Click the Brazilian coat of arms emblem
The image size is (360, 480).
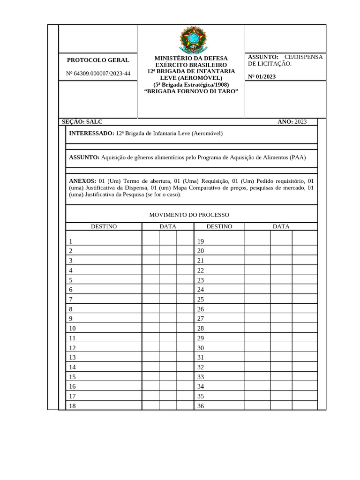pos(191,39)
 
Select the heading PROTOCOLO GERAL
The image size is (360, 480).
pos(98,60)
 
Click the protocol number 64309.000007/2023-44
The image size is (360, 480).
pos(98,74)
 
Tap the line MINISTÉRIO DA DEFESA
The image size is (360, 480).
pos(191,58)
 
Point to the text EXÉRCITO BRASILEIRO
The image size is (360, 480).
pos(191,65)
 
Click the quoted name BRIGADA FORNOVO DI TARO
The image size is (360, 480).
pos(191,91)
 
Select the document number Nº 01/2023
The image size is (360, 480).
pos(262,77)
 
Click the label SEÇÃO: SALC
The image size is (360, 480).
pos(82,122)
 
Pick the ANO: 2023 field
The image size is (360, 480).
pos(292,122)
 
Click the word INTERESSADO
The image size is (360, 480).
pos(91,133)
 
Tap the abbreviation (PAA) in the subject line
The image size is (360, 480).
pos(297,157)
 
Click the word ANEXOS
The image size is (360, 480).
pos(82,180)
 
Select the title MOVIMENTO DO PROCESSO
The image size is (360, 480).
pos(189,215)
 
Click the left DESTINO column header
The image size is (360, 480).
pos(104,226)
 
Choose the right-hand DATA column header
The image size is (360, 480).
pos(281,226)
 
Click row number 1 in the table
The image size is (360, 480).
pos(71,241)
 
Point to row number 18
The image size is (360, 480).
pos(72,406)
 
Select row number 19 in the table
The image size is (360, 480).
pos(201,241)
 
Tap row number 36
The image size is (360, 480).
pos(201,406)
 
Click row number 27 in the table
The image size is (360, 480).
pos(201,319)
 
